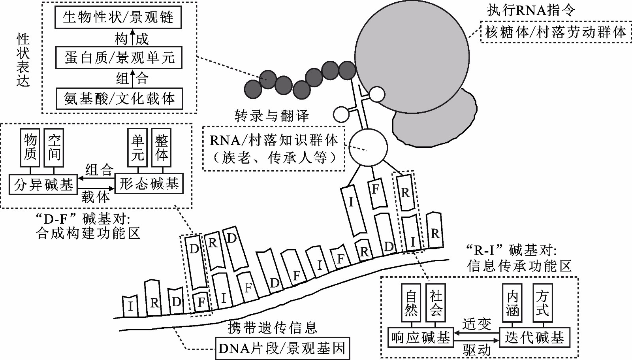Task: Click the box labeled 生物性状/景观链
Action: pos(118,17)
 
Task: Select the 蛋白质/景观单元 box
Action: pos(119,58)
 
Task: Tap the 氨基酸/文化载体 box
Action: pos(119,98)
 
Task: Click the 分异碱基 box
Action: pos(43,184)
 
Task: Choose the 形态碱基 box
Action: pos(149,184)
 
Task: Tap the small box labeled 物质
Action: pos(30,147)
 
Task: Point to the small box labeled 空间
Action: pos(54,147)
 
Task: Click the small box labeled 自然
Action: pos(411,302)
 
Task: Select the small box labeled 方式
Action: pos(542,302)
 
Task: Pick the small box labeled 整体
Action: pos(162,147)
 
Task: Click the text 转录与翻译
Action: pos(271,116)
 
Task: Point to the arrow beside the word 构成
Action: pos(132,38)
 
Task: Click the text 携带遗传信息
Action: pos(273,328)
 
